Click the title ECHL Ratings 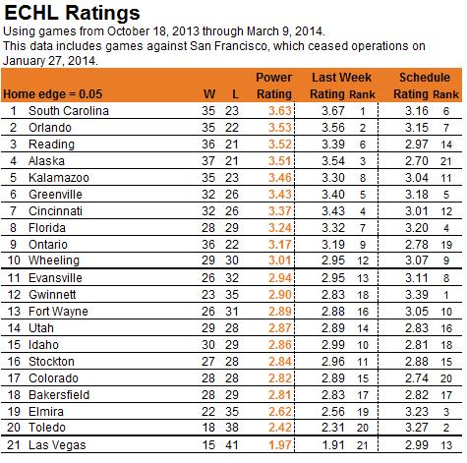[72, 14]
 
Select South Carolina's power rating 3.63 [280, 111]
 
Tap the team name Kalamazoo [59, 178]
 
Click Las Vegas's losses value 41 [232, 445]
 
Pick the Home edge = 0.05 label [53, 94]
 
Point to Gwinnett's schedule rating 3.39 [417, 295]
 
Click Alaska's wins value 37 [208, 161]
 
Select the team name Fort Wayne [58, 312]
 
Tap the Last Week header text [341, 78]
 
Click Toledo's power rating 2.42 [280, 428]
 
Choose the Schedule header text [425, 78]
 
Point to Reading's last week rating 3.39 [333, 145]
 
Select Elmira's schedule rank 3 [446, 412]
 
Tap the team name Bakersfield [59, 395]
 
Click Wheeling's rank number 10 [14, 260]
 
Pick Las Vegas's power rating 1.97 [280, 445]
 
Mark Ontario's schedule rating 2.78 [417, 245]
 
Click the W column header [209, 94]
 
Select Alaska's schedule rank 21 [446, 161]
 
